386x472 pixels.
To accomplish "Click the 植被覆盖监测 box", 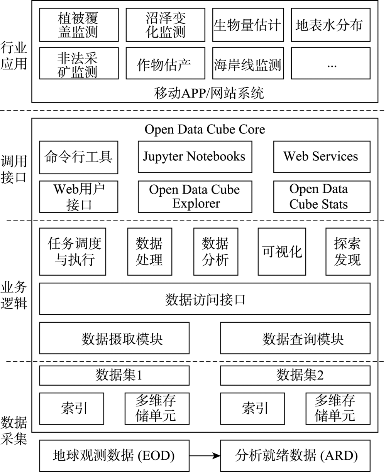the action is [x=79, y=25].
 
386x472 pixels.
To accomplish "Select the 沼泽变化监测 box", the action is [x=165, y=25].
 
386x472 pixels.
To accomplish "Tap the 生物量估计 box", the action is [x=248, y=25].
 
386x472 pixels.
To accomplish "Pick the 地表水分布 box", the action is [x=331, y=25].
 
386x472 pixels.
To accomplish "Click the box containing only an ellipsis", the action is [x=331, y=63].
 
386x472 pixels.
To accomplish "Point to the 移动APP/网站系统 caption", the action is [x=209, y=93].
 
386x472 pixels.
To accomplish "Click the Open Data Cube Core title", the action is [x=205, y=129].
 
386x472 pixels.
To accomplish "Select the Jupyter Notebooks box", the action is [x=195, y=157].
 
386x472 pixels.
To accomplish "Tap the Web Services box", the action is [x=322, y=157].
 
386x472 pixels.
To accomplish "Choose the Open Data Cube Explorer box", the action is [x=195, y=197].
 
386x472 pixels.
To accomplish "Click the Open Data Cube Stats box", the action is [x=322, y=197].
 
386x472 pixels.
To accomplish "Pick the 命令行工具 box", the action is [x=79, y=157].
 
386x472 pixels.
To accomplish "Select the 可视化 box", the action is [x=282, y=251].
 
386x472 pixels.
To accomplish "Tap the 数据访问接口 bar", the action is [x=205, y=299].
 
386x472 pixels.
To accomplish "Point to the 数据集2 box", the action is [x=295, y=376].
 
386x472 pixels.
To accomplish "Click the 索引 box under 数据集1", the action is [x=72, y=409].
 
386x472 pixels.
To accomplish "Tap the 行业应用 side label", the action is [x=14, y=56].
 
